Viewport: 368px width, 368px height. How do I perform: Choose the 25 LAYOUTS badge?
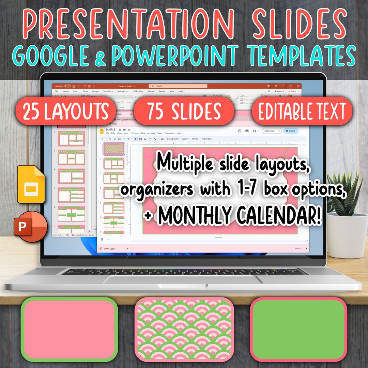click(x=66, y=111)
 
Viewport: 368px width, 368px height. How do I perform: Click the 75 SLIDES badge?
click(x=184, y=111)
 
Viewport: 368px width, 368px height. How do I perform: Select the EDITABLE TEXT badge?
click(x=302, y=111)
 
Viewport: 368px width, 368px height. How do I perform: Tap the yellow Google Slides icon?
click(x=31, y=184)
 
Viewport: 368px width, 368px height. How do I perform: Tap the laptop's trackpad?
click(x=184, y=280)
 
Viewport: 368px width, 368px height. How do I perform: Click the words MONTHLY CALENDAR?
click(x=239, y=215)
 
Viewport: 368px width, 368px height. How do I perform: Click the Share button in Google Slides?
click(x=291, y=131)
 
